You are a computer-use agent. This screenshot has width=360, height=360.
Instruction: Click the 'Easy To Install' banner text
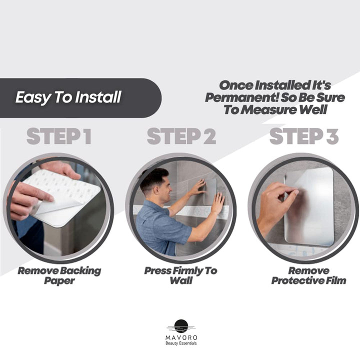click(68, 97)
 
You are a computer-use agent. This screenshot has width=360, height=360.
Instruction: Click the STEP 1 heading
click(59, 136)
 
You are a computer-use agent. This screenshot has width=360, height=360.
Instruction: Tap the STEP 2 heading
click(181, 136)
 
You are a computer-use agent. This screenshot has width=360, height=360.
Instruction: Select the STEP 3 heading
click(304, 136)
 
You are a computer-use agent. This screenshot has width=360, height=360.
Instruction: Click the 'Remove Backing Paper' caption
click(59, 275)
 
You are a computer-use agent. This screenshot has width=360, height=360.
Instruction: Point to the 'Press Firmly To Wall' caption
click(180, 275)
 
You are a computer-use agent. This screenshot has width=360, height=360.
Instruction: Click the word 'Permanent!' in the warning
click(235, 97)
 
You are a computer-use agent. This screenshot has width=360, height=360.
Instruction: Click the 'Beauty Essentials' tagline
click(181, 344)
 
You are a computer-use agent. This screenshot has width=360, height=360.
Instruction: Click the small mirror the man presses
click(209, 190)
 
